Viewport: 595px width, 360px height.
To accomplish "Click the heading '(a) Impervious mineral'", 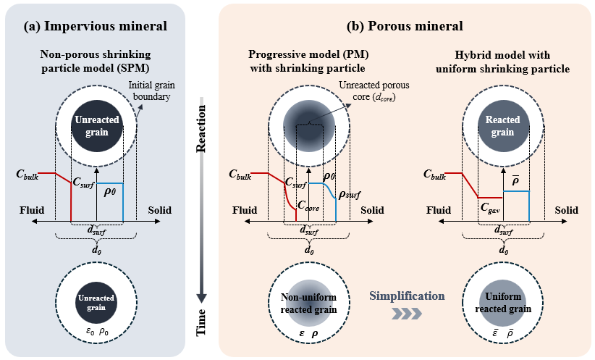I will pyautogui.click(x=96, y=27).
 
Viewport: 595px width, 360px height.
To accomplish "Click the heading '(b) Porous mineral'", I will pyautogui.click(x=406, y=27).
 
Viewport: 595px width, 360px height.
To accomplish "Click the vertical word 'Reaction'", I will pyautogui.click(x=203, y=130).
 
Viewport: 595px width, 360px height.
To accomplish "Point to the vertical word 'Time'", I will pyautogui.click(x=203, y=323).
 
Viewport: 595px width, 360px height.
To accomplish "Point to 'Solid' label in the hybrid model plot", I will pyautogui.click(x=567, y=210).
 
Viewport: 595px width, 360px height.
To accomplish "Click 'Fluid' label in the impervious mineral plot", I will pyautogui.click(x=33, y=210).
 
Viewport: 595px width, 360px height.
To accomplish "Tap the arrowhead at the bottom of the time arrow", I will pyautogui.click(x=203, y=296).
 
